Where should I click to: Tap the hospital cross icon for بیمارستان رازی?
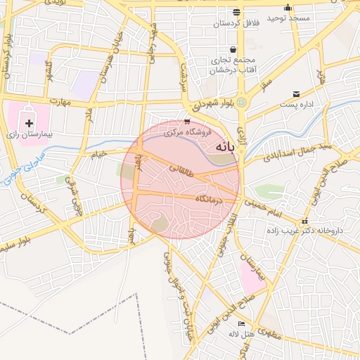[29, 123]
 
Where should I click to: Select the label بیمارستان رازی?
[30, 133]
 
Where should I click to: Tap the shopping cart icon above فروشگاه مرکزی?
[186, 122]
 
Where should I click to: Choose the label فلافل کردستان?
[237, 23]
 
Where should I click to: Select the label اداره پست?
[295, 104]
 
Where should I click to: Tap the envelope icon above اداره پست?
[295, 94]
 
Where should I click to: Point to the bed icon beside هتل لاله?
[242, 324]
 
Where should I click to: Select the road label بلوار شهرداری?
[210, 104]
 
